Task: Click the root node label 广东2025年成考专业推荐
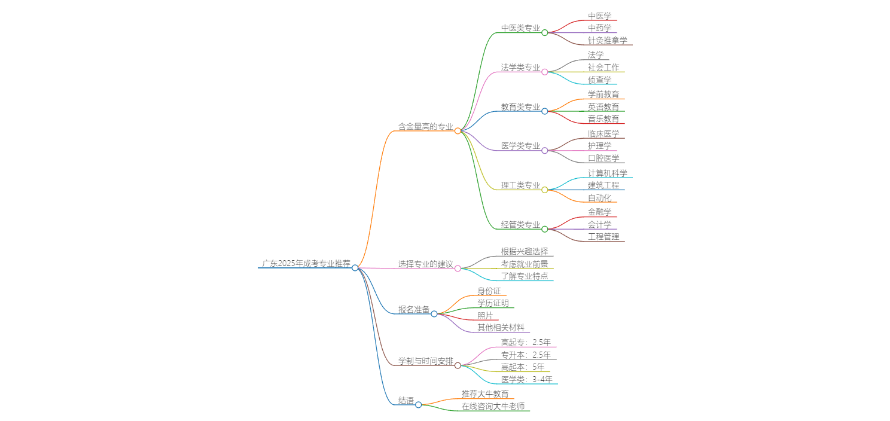306,263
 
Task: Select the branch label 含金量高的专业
426,126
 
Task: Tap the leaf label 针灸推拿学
607,41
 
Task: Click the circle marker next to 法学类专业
545,72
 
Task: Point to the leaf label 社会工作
603,68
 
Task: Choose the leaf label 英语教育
603,107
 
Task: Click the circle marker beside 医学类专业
545,151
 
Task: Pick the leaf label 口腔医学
603,158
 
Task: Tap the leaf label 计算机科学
607,173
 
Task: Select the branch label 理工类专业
520,185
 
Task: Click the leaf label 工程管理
603,237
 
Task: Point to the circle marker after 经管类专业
545,229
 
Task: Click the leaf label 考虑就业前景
525,264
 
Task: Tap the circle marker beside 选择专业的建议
458,269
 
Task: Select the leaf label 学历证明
493,303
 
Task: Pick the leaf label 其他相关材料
501,328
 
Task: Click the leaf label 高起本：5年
523,367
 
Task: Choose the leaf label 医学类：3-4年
526,379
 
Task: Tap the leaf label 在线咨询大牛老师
493,407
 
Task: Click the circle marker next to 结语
419,405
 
